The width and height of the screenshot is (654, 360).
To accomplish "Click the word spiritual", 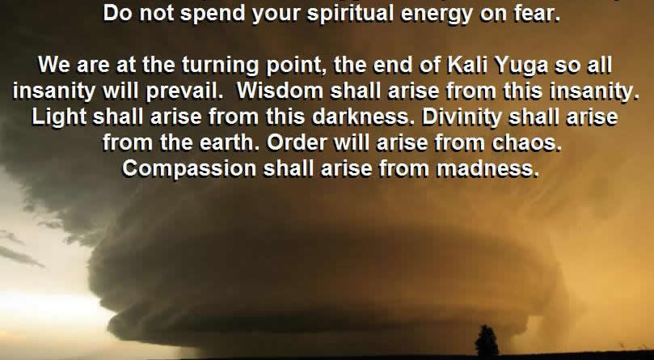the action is pyautogui.click(x=350, y=15).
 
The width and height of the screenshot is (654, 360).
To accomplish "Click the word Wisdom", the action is pyautogui.click(x=280, y=91).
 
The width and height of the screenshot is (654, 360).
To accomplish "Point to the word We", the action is pyautogui.click(x=53, y=66).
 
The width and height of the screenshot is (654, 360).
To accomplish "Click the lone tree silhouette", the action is pyautogui.click(x=487, y=341).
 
